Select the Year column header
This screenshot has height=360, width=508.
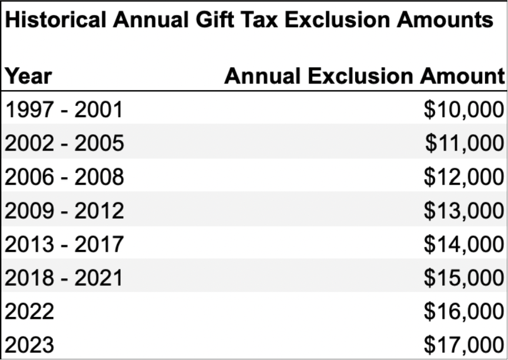tap(28, 76)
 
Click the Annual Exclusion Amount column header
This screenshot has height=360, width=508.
tap(364, 76)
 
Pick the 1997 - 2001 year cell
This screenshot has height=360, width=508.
tap(64, 109)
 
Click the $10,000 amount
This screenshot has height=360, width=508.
tap(464, 109)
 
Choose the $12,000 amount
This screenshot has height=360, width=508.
tap(464, 176)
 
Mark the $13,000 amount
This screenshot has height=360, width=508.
tap(464, 210)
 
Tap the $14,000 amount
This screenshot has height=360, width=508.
tap(464, 244)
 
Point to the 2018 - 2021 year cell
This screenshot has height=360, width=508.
tap(64, 277)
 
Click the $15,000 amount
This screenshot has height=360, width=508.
tap(464, 277)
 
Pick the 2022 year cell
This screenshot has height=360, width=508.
tap(29, 311)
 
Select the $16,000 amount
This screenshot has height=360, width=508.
tap(464, 311)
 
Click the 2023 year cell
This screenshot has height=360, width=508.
tap(29, 344)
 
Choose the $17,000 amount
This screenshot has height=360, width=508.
tap(464, 344)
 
